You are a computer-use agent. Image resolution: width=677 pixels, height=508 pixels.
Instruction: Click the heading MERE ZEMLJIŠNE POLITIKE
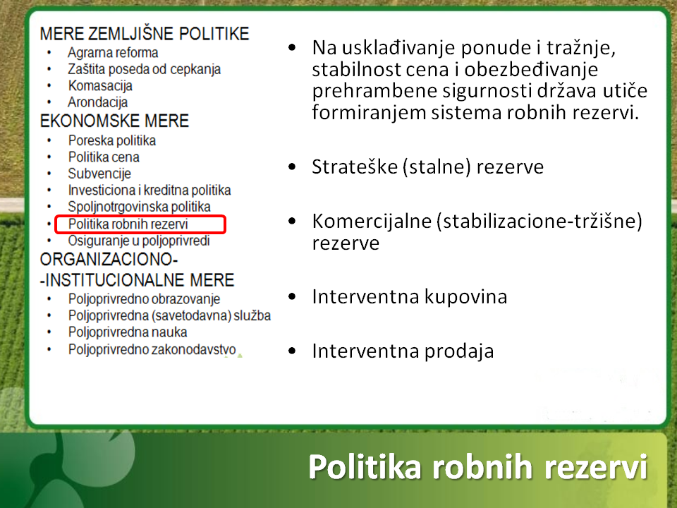[145, 34]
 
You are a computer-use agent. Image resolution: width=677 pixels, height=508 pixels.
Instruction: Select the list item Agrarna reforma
[113, 53]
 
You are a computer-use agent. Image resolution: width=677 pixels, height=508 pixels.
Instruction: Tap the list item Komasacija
[100, 86]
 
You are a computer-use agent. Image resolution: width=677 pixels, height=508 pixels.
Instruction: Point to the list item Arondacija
[97, 102]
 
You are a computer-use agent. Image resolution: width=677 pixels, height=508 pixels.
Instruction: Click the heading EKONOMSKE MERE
[114, 121]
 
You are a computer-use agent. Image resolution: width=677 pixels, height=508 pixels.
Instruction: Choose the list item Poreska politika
[112, 140]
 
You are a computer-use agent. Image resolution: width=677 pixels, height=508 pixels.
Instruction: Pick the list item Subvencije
[99, 174]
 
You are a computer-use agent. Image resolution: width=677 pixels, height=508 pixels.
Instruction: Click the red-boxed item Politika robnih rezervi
[128, 224]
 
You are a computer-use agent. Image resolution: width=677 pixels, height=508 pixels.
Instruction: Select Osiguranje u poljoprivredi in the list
[139, 241]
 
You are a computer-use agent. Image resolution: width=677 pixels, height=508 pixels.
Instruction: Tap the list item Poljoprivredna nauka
[128, 332]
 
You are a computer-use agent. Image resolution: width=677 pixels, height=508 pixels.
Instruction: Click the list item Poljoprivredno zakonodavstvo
[152, 349]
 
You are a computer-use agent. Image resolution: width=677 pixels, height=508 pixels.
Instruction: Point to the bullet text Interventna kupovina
[410, 297]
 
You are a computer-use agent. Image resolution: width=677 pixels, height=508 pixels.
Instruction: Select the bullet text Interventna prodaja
[403, 351]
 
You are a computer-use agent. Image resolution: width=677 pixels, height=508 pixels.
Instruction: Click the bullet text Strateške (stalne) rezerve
[428, 167]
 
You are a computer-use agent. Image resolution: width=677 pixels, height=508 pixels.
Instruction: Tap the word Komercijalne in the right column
[372, 221]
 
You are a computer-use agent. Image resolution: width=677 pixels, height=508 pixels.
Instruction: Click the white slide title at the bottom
[478, 466]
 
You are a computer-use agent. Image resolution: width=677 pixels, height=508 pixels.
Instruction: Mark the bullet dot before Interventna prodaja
[292, 351]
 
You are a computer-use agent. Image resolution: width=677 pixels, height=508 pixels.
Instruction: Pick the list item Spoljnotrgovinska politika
[140, 207]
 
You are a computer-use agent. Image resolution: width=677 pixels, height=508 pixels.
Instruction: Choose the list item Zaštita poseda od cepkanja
[144, 69]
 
